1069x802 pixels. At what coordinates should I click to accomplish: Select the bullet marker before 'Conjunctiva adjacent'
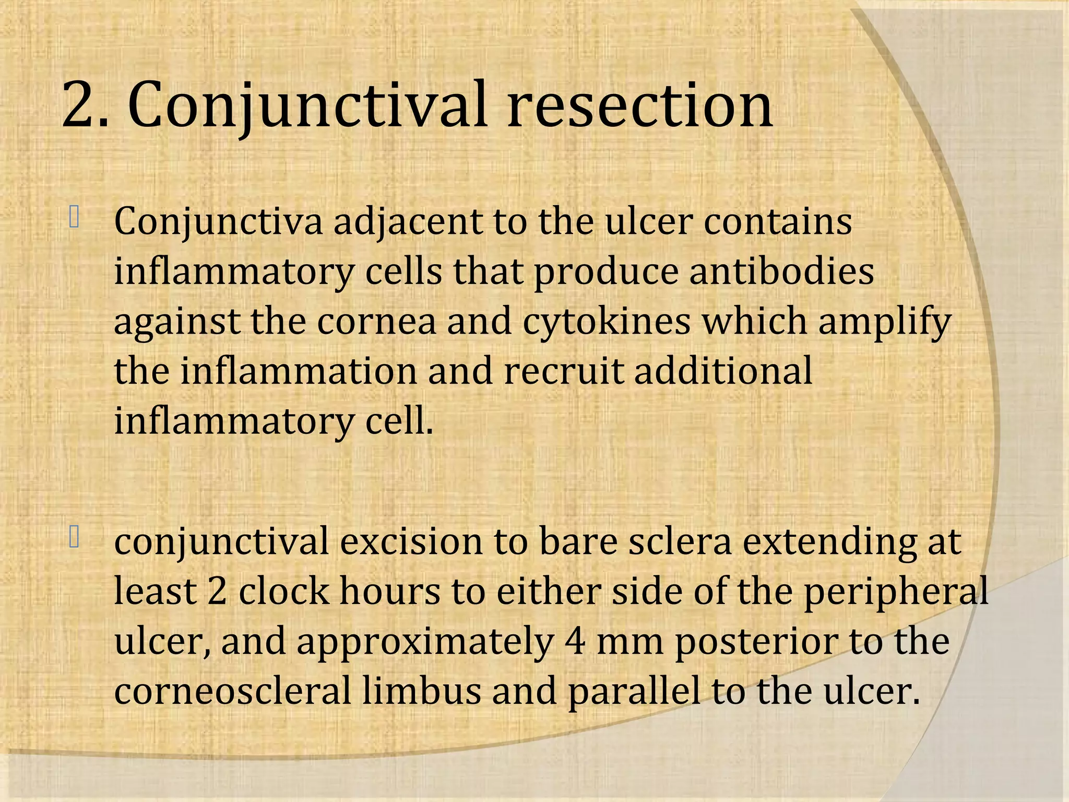tap(74, 218)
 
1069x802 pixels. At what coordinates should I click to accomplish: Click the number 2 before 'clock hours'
tap(217, 591)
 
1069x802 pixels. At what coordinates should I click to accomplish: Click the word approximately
tap(425, 642)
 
